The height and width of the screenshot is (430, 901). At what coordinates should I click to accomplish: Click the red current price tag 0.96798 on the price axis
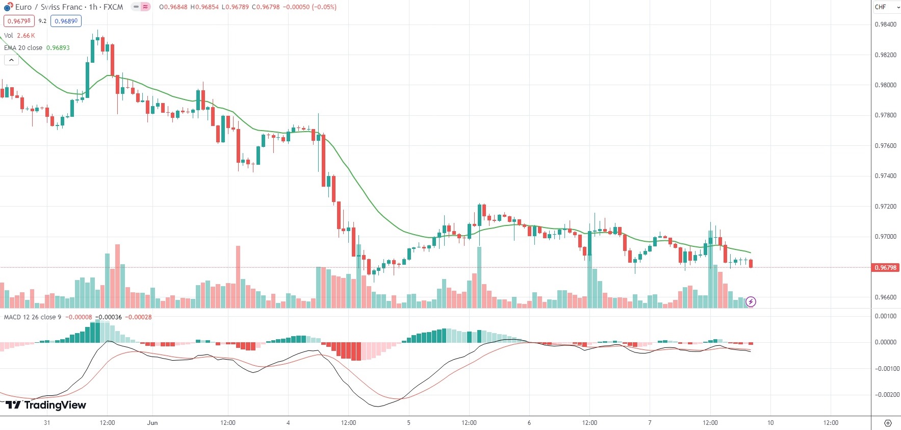886,267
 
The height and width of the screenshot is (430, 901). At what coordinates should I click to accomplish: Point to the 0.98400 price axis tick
885,24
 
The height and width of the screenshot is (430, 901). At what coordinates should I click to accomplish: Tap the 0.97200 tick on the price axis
885,207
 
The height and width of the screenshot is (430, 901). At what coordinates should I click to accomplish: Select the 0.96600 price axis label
885,297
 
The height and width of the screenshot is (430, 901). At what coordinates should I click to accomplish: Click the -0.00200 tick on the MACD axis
886,395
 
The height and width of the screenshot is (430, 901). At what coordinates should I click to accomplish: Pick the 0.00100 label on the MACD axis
886,316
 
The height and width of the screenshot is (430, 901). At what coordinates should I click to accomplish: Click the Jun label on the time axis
152,423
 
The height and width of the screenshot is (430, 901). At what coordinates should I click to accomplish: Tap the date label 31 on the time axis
47,423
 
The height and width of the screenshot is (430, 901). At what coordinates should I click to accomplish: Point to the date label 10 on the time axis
770,423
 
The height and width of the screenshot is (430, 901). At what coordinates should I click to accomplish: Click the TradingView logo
46,405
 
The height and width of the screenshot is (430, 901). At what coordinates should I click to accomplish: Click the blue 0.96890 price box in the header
66,21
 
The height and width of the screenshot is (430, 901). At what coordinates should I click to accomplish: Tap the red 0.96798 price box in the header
19,21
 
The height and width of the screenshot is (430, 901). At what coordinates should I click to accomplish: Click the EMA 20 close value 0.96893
58,48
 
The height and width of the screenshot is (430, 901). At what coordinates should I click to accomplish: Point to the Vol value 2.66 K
25,36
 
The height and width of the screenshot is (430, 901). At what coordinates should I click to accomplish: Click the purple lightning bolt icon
751,302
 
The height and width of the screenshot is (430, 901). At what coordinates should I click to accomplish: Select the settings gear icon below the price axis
888,423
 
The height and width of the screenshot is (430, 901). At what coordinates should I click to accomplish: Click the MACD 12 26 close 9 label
32,317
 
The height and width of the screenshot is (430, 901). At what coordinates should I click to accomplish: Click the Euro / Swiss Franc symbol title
48,7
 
